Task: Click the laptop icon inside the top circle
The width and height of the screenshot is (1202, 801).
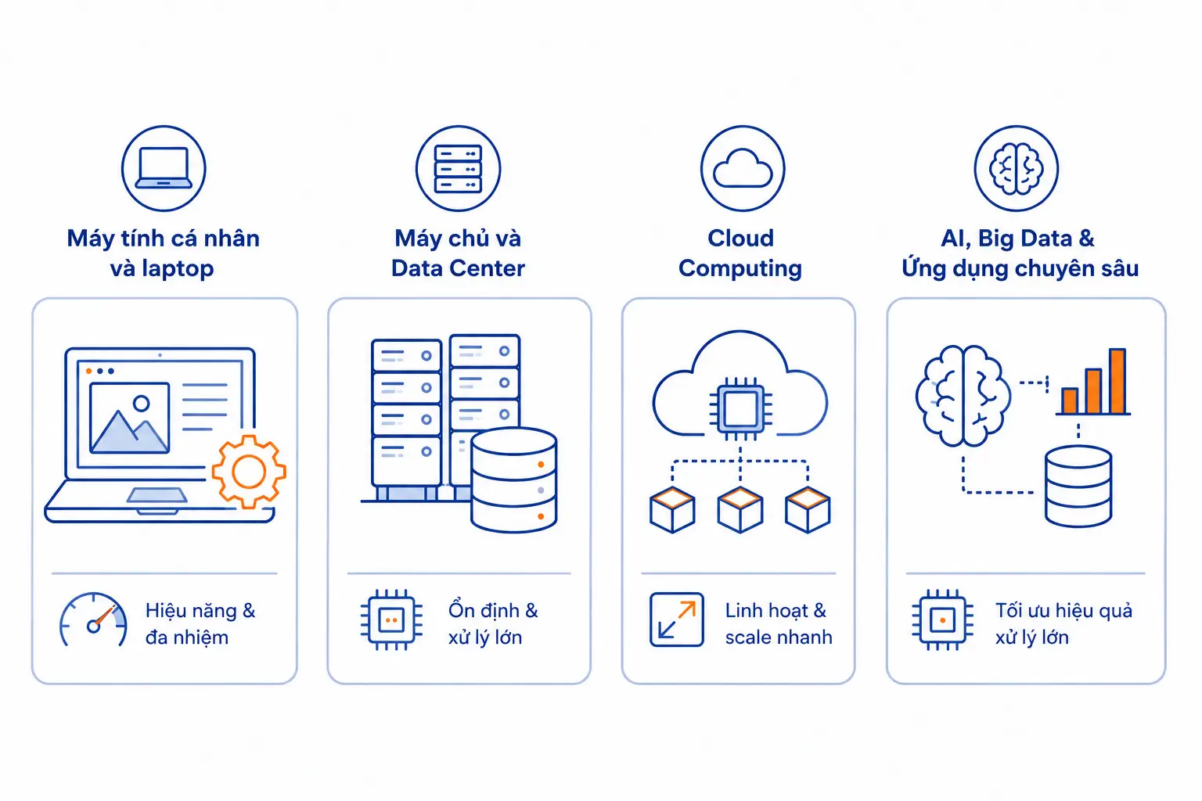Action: (164, 168)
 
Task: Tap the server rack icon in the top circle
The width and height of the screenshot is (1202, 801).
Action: (459, 168)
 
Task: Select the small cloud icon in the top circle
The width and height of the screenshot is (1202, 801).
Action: (743, 168)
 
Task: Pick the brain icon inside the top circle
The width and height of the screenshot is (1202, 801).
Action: (1017, 168)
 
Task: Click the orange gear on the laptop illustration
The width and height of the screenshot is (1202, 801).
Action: (249, 472)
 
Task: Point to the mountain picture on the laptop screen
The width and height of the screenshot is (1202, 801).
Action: (130, 418)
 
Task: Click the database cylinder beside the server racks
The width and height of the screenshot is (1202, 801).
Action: (513, 480)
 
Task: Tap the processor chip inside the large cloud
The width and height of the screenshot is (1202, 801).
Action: (740, 410)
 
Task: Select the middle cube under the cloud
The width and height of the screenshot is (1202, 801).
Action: (740, 510)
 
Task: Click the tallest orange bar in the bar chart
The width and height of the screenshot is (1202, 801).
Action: (1117, 381)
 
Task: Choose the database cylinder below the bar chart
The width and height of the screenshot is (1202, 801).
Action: (1078, 487)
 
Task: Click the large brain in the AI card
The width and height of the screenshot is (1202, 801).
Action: (963, 396)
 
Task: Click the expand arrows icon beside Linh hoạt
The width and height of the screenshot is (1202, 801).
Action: (677, 620)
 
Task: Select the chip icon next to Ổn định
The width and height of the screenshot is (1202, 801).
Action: (392, 620)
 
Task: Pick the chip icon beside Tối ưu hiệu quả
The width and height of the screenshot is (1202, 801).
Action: (943, 620)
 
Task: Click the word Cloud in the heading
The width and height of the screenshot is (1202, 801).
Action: (740, 239)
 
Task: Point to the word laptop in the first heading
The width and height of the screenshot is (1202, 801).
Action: (178, 269)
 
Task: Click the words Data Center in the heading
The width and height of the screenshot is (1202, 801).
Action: (458, 268)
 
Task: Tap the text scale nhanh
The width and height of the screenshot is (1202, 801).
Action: (779, 638)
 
